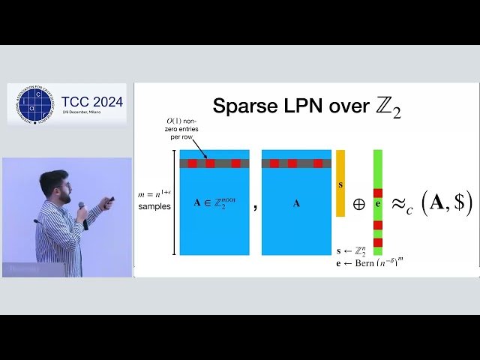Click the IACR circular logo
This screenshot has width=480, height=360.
click(x=33, y=104)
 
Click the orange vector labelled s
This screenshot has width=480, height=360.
click(x=340, y=183)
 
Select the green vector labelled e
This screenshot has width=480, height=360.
click(x=377, y=202)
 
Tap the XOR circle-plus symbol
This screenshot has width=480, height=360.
click(x=358, y=203)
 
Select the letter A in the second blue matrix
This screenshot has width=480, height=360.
click(x=295, y=203)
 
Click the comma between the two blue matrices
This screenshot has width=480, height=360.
click(x=256, y=206)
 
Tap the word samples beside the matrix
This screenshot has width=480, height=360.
click(x=154, y=206)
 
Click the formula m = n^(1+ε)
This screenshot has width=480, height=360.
click(x=154, y=195)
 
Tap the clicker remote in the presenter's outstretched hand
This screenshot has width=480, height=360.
click(x=110, y=200)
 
